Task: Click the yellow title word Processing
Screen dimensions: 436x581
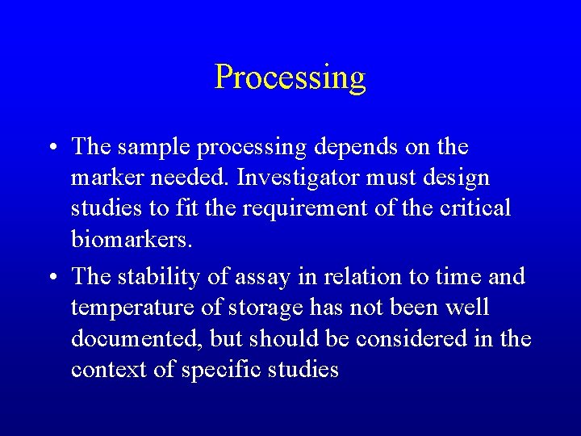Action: tap(290, 78)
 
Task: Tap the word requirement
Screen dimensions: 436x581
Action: tap(291, 208)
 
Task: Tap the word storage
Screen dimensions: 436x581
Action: tap(265, 308)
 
